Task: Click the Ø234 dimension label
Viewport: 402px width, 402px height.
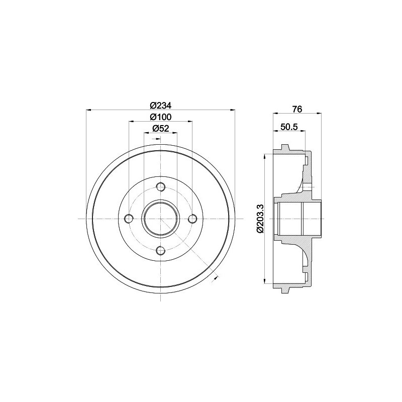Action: click(x=160, y=106)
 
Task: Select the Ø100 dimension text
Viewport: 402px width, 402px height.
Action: click(x=160, y=117)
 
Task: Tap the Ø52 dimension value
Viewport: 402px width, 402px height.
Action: click(x=161, y=129)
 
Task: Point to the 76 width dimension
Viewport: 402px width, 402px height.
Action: click(x=297, y=109)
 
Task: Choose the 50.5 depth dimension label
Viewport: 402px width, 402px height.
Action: click(x=289, y=127)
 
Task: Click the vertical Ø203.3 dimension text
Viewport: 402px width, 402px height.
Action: click(x=260, y=219)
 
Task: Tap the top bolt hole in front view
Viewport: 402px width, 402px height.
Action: click(x=161, y=187)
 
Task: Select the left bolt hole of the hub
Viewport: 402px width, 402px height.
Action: click(x=129, y=219)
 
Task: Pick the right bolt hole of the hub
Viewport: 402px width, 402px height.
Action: click(x=192, y=219)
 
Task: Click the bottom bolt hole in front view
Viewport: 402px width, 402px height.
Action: click(x=161, y=250)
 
